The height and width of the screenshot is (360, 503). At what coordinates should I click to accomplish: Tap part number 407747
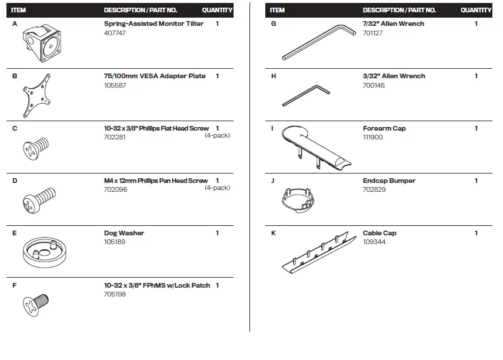(115, 33)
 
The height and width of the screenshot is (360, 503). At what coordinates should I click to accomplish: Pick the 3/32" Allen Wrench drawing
(306, 95)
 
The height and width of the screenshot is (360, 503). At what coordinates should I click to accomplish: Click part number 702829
(374, 190)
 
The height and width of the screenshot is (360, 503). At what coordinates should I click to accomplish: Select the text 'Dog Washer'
(124, 233)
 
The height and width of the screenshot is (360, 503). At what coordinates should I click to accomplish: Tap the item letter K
(274, 233)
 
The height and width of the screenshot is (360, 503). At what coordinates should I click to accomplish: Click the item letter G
(274, 24)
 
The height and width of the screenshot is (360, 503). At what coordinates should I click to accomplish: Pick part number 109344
(374, 242)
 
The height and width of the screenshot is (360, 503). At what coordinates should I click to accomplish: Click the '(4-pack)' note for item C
(217, 136)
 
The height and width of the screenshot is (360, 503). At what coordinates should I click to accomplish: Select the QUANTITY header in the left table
(217, 10)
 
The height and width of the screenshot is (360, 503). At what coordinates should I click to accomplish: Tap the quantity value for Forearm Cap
(476, 128)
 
